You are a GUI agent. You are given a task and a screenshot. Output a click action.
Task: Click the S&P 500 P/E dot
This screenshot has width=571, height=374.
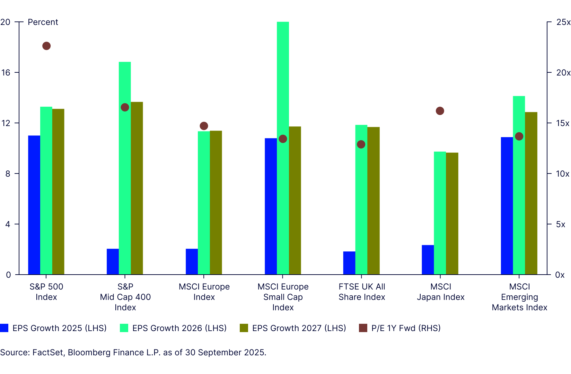point(46,46)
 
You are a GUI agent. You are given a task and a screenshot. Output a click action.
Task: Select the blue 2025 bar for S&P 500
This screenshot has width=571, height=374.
point(34,205)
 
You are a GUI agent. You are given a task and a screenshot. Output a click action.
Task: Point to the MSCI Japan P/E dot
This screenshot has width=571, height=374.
point(440,111)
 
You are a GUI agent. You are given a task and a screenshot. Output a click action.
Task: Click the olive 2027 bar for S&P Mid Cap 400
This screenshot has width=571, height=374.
point(137,188)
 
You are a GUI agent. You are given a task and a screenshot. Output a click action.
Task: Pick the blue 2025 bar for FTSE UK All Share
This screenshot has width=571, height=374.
point(349,263)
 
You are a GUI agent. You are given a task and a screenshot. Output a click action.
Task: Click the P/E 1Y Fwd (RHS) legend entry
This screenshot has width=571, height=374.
point(400,328)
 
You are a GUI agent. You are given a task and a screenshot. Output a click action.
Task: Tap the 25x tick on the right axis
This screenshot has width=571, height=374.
point(563,22)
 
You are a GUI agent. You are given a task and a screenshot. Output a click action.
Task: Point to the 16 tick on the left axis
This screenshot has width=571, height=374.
point(6,73)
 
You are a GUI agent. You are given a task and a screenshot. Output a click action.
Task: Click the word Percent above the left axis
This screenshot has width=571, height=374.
point(43,22)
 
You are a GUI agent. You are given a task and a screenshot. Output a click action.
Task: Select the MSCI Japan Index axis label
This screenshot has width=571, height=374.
point(441,292)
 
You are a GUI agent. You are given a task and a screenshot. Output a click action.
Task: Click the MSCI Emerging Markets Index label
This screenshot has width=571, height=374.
point(519,297)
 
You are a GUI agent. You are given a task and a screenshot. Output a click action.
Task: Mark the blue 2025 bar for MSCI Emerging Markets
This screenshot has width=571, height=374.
point(507,206)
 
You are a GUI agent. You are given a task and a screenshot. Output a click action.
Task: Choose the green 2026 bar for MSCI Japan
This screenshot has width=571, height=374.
point(440,213)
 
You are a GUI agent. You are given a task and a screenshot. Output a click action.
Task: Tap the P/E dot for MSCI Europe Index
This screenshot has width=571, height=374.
point(204,126)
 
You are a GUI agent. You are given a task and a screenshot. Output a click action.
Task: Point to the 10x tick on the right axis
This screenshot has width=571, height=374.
point(562,174)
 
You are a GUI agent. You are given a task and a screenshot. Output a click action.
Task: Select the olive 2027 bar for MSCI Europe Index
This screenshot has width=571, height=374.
point(216,203)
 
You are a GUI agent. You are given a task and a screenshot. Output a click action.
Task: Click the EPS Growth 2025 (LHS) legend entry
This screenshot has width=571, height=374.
point(53,328)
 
